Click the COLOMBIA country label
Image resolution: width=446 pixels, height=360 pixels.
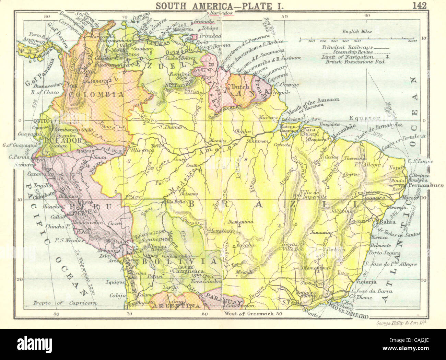(96, 94)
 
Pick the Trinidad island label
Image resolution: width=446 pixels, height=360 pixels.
(212, 35)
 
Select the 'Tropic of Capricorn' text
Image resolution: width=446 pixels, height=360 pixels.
(65, 303)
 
